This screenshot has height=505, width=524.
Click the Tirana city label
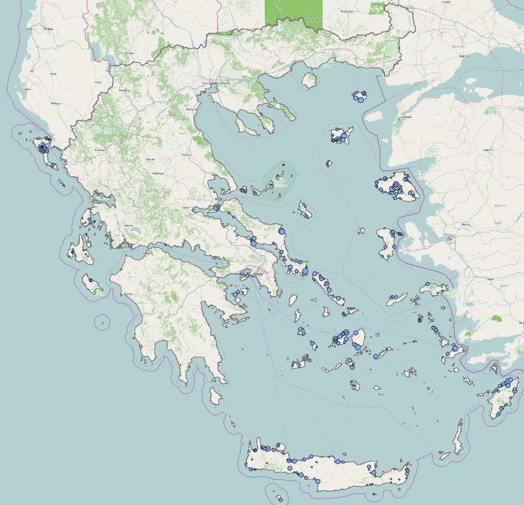coord(49,29)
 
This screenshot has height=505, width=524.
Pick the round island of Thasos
coord(308,79)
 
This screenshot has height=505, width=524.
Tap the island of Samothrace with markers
coord(359,95)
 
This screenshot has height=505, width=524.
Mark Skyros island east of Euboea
coord(305,210)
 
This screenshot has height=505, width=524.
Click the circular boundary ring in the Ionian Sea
coord(102,322)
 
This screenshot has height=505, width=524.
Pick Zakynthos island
coord(93,286)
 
